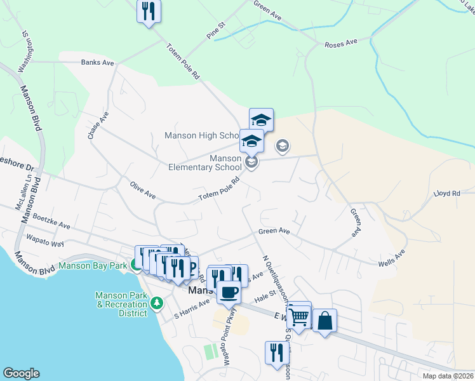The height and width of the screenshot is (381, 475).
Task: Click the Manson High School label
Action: tap(201, 136)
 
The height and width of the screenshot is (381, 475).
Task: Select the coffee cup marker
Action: tap(229, 293)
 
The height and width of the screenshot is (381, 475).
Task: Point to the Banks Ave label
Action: tap(97, 63)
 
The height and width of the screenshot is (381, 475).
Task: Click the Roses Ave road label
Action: tap(341, 44)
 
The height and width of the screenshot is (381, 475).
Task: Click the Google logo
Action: tap(21, 373)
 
